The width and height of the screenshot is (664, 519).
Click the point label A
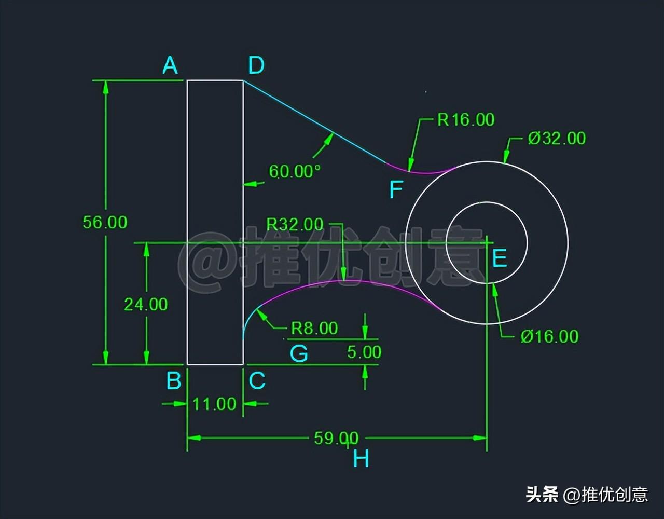[x=170, y=66]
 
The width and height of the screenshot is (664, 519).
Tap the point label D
[x=256, y=66]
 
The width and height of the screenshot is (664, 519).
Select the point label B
[x=174, y=381]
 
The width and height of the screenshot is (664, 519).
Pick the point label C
[x=257, y=381]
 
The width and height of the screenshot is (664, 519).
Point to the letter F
[x=396, y=190]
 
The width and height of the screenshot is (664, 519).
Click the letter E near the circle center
[x=499, y=258]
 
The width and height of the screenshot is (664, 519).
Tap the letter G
[x=299, y=354]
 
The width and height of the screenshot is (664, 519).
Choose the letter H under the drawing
[x=361, y=459]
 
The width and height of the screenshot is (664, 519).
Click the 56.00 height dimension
[x=105, y=222]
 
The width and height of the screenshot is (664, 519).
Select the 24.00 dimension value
[x=146, y=304]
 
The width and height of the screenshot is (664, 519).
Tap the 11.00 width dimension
[x=214, y=404]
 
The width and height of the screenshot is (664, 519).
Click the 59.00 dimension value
[x=336, y=438]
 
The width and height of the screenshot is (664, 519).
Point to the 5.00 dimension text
[x=364, y=352]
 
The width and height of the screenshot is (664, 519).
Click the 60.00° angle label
[x=295, y=171]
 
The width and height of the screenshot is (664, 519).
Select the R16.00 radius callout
[x=466, y=120]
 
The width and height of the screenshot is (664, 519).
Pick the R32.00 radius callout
[x=295, y=224]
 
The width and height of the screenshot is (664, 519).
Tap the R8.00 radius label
[x=314, y=328]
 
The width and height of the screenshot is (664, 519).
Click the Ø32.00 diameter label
[x=557, y=138]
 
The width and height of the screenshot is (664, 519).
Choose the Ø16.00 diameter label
[x=549, y=336]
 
